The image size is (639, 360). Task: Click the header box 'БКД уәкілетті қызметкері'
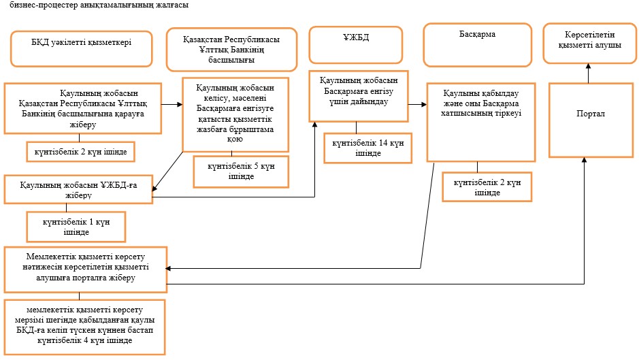[x=82, y=49]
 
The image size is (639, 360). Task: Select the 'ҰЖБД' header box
[x=356, y=45]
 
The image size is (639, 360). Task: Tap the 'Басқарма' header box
[x=478, y=45]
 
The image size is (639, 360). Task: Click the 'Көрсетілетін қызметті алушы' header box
[x=590, y=44]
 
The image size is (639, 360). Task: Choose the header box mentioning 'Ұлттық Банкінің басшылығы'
[x=231, y=50]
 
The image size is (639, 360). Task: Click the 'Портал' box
[x=591, y=120]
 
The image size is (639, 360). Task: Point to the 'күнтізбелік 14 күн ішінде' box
[x=368, y=148]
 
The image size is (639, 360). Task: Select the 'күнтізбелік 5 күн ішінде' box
[x=242, y=171]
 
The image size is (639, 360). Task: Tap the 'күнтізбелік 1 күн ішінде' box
[x=76, y=227]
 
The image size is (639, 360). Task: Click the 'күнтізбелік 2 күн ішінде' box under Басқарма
[x=487, y=187]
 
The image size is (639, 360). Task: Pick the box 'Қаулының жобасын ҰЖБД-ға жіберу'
[x=79, y=190]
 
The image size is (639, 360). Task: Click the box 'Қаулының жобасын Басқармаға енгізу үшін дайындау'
[x=359, y=96]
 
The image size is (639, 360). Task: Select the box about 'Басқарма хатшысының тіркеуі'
[x=481, y=122]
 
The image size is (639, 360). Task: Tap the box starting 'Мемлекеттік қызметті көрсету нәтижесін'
[x=86, y=269]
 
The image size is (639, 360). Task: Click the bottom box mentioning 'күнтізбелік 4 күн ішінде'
[x=85, y=327]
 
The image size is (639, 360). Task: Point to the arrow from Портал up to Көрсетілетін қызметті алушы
[x=588, y=73]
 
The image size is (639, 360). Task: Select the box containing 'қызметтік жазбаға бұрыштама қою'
[x=235, y=114]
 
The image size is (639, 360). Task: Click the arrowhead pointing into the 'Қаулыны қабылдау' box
[x=424, y=105]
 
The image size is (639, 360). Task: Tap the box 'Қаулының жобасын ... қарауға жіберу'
[x=83, y=108]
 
